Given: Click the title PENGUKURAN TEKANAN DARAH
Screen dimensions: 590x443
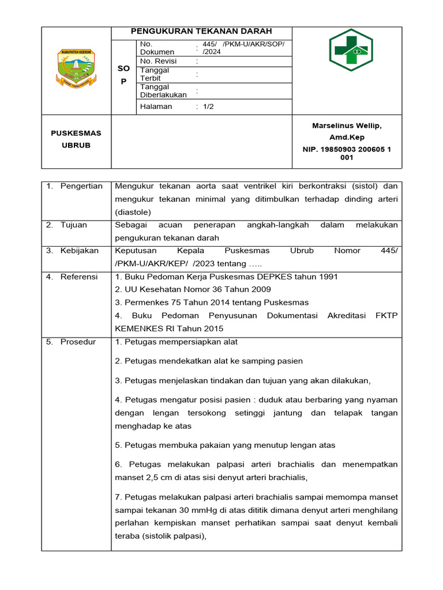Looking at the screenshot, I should (201, 31).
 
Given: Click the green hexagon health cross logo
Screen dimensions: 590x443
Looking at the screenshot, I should (350, 50).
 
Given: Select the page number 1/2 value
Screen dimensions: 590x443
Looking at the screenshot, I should (208, 107).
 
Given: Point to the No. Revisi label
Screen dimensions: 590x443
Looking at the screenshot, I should (158, 61).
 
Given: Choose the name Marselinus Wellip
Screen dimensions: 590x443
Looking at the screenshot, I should (347, 126).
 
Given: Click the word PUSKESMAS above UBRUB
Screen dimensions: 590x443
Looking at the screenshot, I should (76, 133).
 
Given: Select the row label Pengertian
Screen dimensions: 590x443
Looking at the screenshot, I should (81, 186).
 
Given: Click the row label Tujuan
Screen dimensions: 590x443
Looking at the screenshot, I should (74, 225).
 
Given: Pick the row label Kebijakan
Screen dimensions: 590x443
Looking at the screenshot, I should (80, 251).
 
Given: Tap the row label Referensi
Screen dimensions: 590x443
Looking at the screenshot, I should (79, 277).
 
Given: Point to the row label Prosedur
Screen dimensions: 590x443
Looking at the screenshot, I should (78, 342).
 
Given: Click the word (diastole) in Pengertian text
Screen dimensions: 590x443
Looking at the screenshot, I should (133, 212).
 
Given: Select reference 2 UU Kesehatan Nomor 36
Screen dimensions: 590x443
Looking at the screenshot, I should (193, 290).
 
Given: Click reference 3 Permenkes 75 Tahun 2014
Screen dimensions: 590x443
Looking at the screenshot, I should (212, 302).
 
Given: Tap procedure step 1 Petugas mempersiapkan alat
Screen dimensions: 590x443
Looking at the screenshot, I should (177, 342).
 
